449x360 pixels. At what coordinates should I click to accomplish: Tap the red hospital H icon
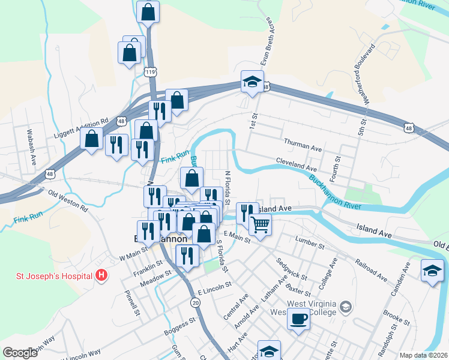click(102, 276)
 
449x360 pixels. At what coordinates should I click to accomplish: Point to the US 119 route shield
click(150, 71)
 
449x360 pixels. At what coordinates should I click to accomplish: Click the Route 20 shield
click(196, 304)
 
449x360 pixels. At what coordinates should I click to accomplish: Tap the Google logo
click(20, 353)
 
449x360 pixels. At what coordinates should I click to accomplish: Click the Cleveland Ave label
click(296, 163)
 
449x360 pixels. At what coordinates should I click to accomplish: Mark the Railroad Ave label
click(371, 271)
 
